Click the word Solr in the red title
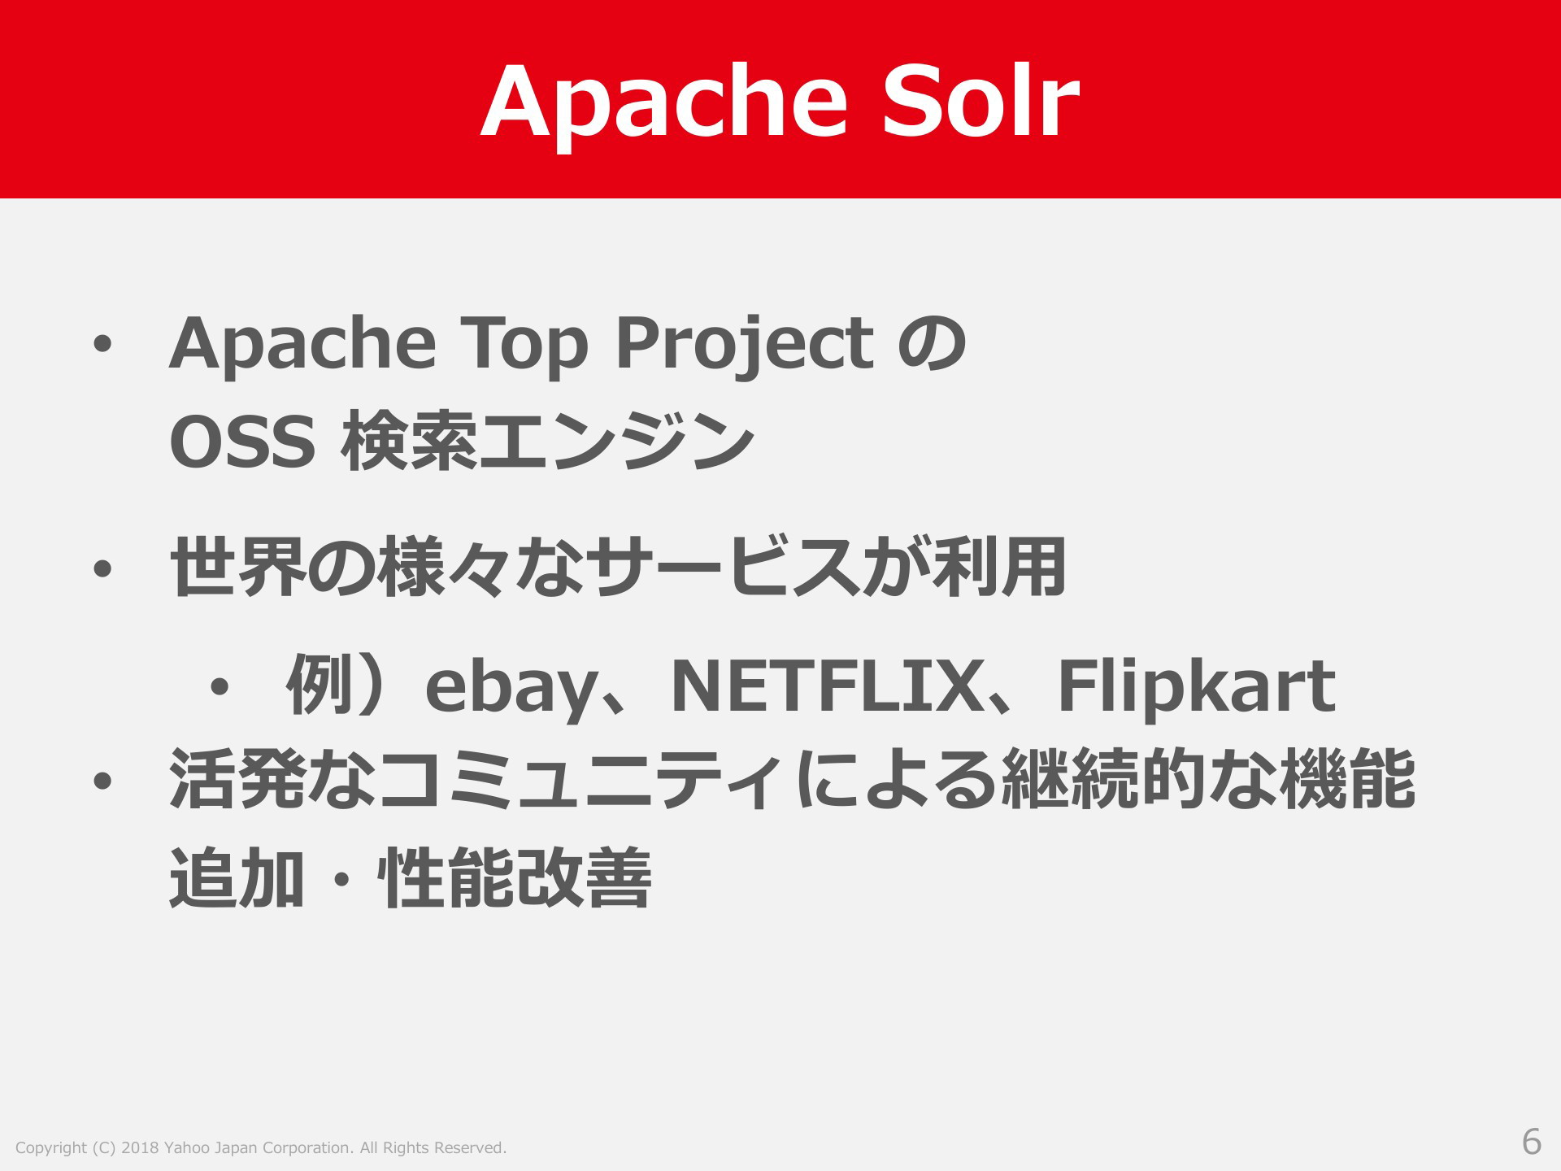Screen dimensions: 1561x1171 pyautogui.click(x=981, y=101)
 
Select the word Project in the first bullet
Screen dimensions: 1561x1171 pyautogui.click(x=744, y=346)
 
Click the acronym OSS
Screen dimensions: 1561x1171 pyautogui.click(x=242, y=442)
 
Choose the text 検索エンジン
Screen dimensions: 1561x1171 pyautogui.click(x=548, y=442)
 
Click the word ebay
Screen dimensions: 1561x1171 pyautogui.click(x=510, y=688)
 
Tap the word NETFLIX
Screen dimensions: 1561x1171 pyautogui.click(x=826, y=687)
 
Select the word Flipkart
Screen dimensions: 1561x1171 pyautogui.click(x=1196, y=688)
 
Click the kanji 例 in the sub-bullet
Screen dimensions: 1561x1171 pyautogui.click(x=320, y=686)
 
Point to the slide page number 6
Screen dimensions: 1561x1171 pyautogui.click(x=1532, y=1142)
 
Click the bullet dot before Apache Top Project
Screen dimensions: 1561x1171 pyautogui.click(x=102, y=346)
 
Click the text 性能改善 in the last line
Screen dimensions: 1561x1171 pyautogui.click(x=514, y=877)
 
